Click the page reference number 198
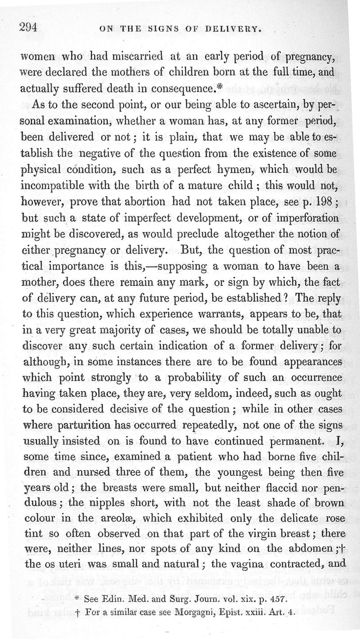(322, 199)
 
